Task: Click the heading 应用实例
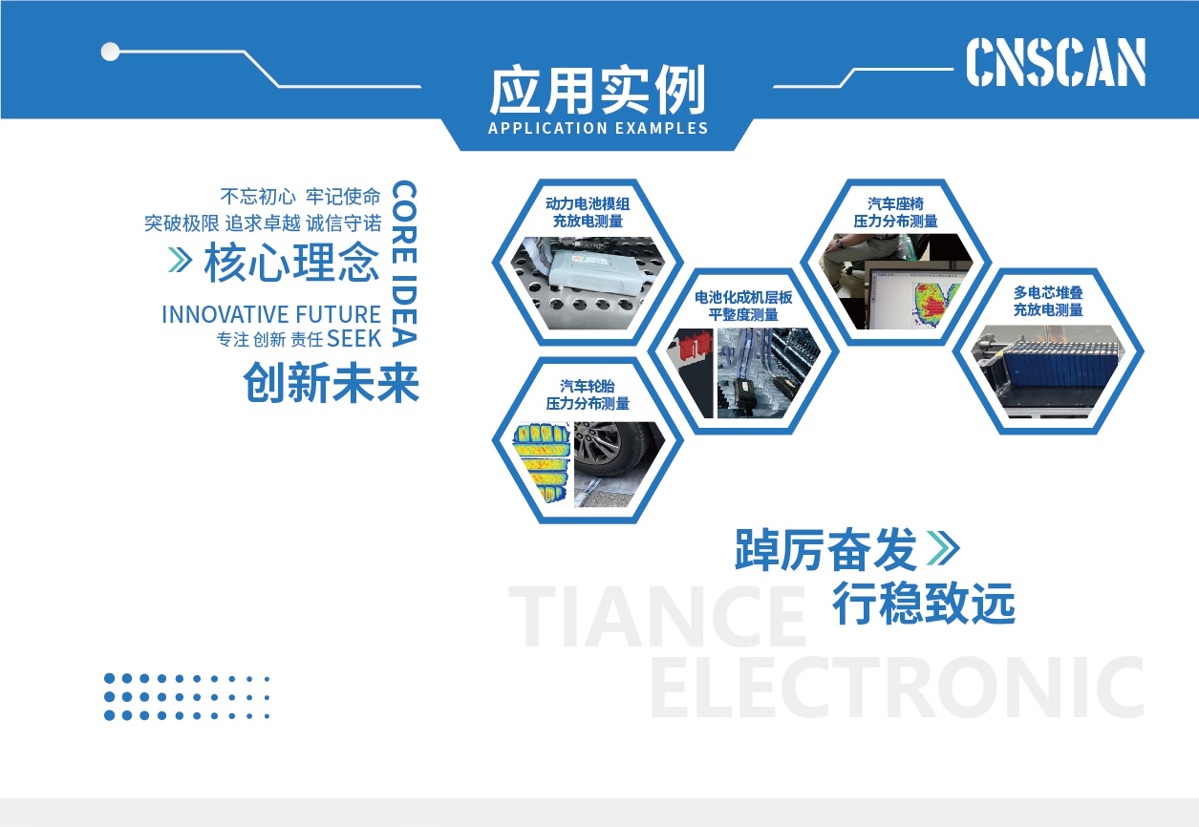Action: (597, 90)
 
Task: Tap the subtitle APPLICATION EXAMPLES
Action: (598, 128)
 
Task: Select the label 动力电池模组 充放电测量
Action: (588, 212)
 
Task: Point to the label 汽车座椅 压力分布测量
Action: (895, 212)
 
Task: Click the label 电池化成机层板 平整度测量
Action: (743, 306)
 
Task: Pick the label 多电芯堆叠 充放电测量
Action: (1048, 301)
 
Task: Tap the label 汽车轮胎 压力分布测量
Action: (588, 394)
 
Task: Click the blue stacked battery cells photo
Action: (1049, 371)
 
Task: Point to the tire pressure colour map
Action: (541, 463)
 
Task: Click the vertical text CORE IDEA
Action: (404, 264)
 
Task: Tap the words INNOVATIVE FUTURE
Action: (271, 314)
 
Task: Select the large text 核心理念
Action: (291, 262)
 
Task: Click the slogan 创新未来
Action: (332, 382)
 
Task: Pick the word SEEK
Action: (353, 339)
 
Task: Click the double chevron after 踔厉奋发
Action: (943, 548)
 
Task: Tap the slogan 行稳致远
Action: (924, 604)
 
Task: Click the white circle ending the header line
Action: (110, 52)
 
